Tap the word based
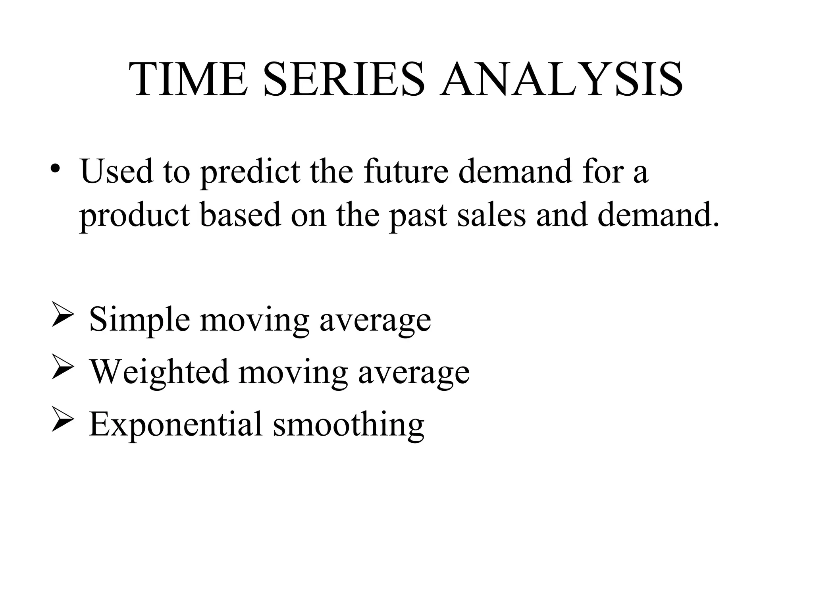click(x=240, y=214)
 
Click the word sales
click(x=491, y=214)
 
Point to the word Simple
click(x=139, y=320)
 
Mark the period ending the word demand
click(x=716, y=226)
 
